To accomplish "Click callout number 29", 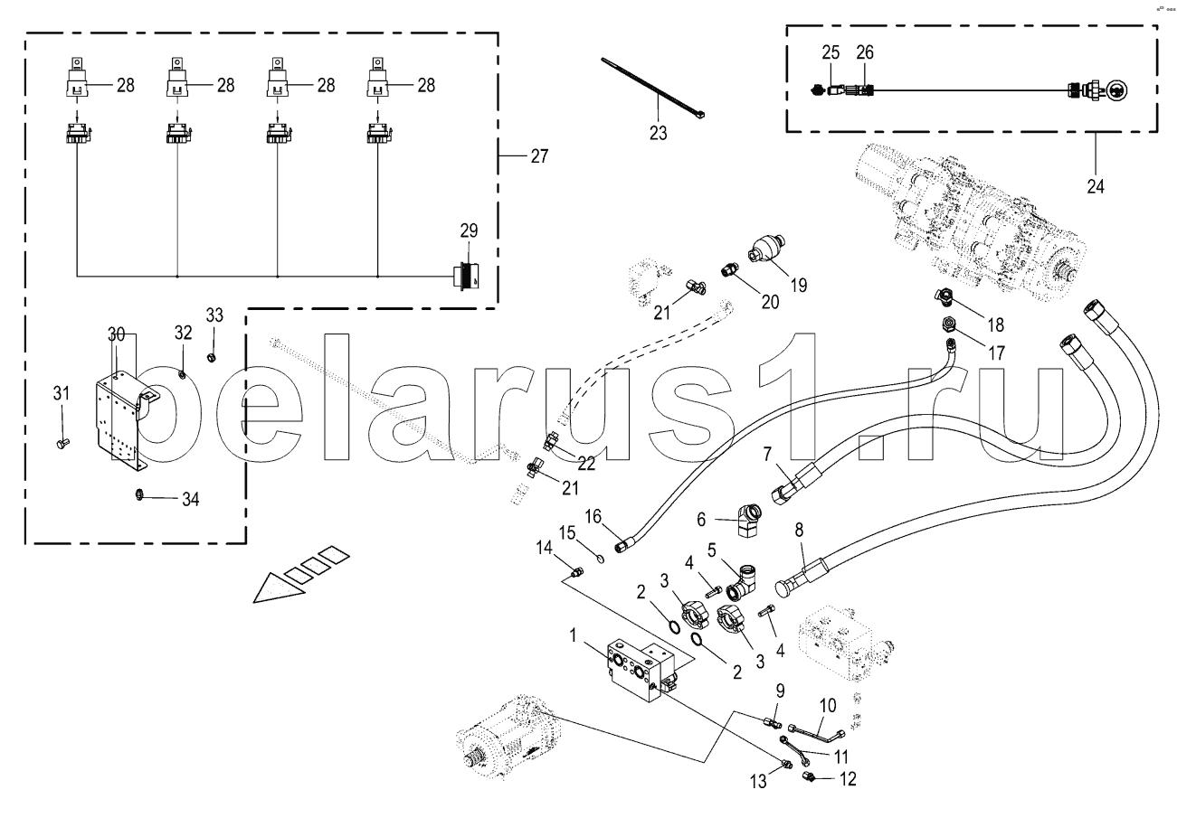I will coord(468,231).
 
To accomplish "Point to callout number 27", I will coord(538,155).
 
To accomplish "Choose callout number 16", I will coord(593,516).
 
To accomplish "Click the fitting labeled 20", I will coord(729,269).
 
